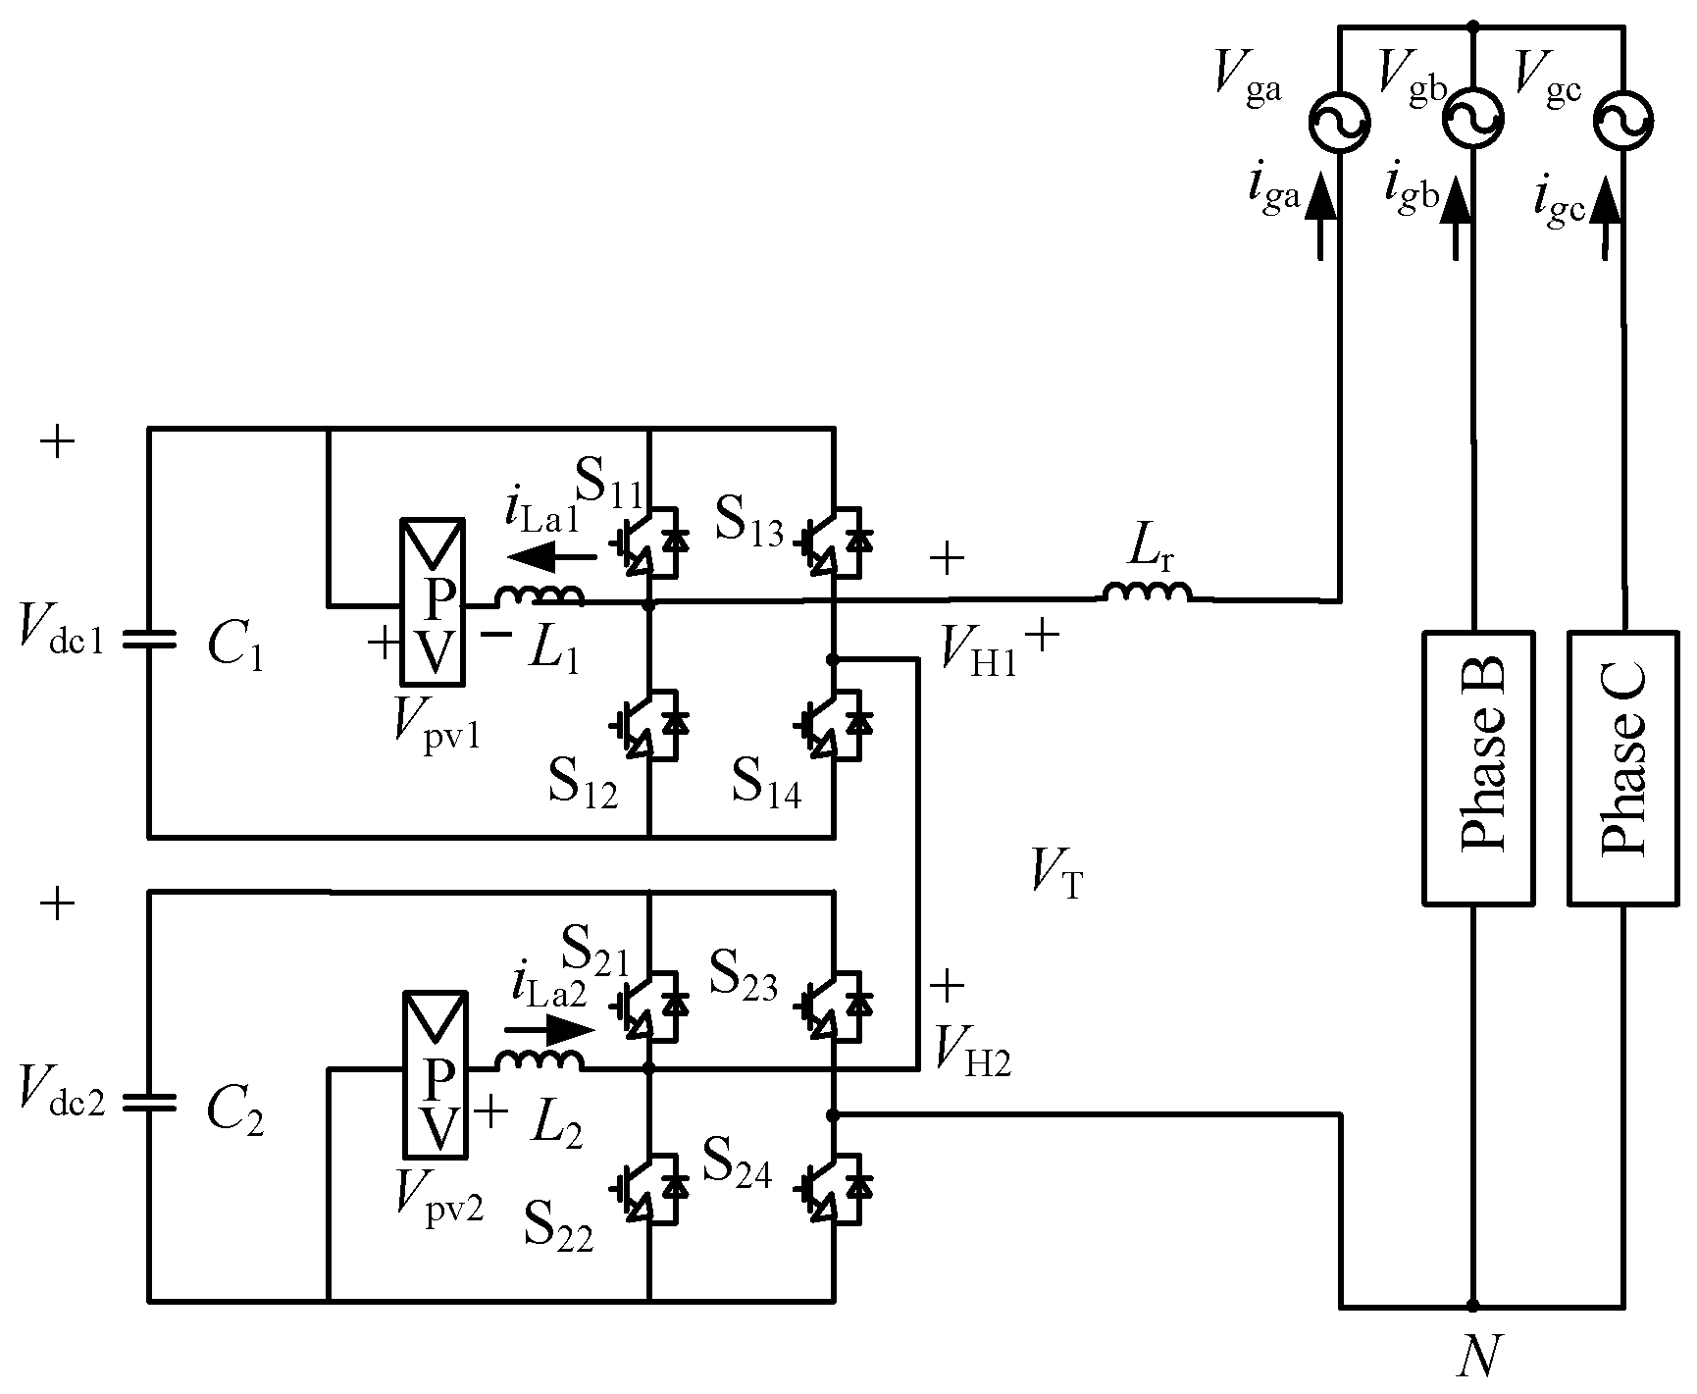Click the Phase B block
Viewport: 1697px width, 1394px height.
pyautogui.click(x=1477, y=766)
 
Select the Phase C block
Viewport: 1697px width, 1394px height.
pyautogui.click(x=1623, y=766)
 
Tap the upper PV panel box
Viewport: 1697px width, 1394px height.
pyautogui.click(x=432, y=600)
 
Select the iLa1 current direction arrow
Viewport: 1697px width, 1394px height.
pyautogui.click(x=551, y=558)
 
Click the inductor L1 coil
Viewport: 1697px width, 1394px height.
pyautogui.click(x=540, y=594)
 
